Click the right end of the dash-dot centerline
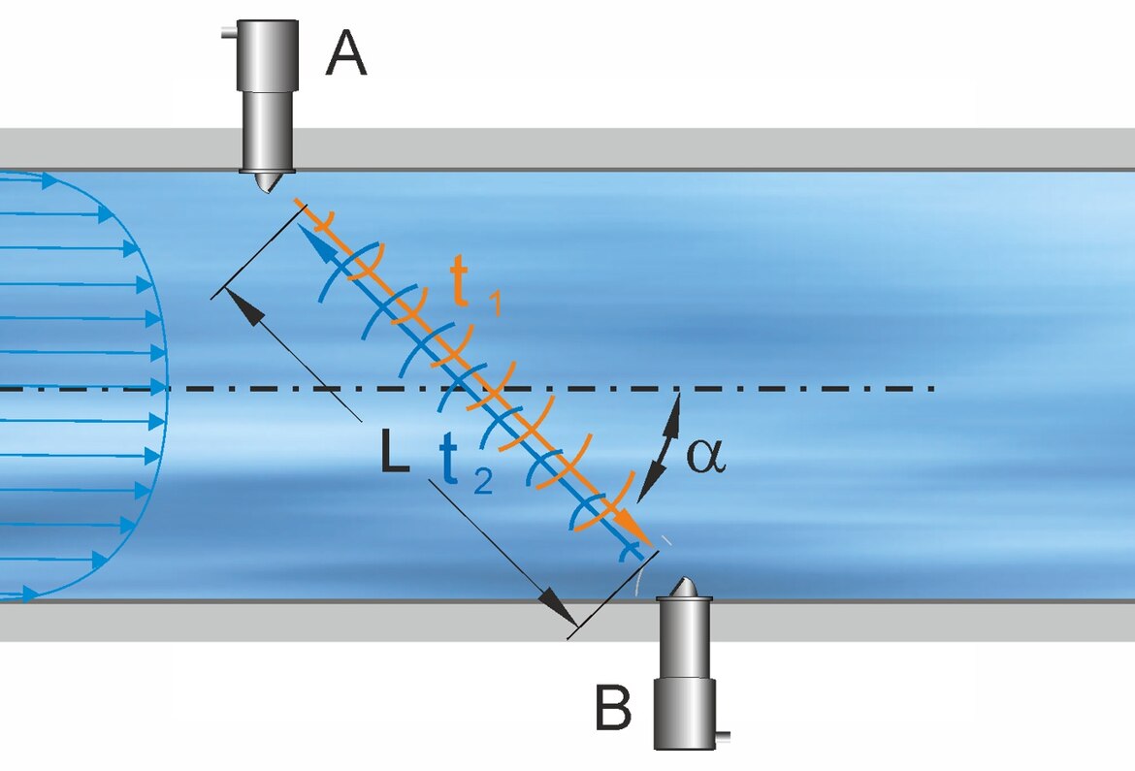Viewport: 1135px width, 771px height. click(929, 388)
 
